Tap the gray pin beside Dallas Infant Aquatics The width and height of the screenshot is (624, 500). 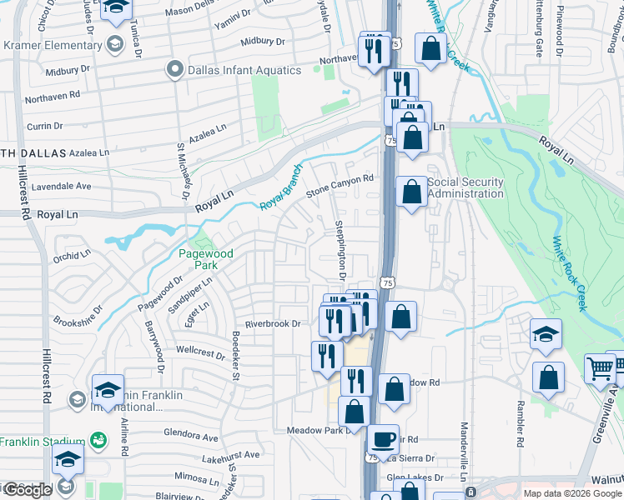point(174,69)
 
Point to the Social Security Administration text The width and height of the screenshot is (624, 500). point(465,188)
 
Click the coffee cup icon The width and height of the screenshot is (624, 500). point(384,439)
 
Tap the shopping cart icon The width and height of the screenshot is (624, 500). point(599,367)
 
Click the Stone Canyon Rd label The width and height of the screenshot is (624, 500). point(338,186)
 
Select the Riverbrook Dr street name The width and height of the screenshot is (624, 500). point(272,324)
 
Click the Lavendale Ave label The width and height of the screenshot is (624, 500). point(61,186)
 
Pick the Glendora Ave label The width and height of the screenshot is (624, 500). point(191,435)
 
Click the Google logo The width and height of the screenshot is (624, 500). point(28,490)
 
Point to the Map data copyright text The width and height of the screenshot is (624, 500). point(571,493)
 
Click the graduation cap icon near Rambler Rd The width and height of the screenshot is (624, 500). point(546,334)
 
